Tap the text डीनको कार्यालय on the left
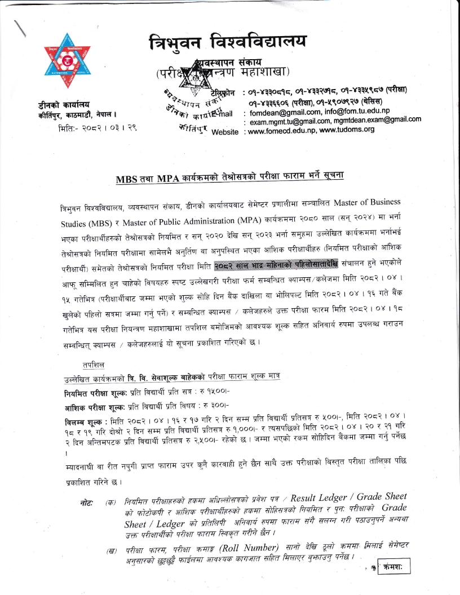pos(59,105)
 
